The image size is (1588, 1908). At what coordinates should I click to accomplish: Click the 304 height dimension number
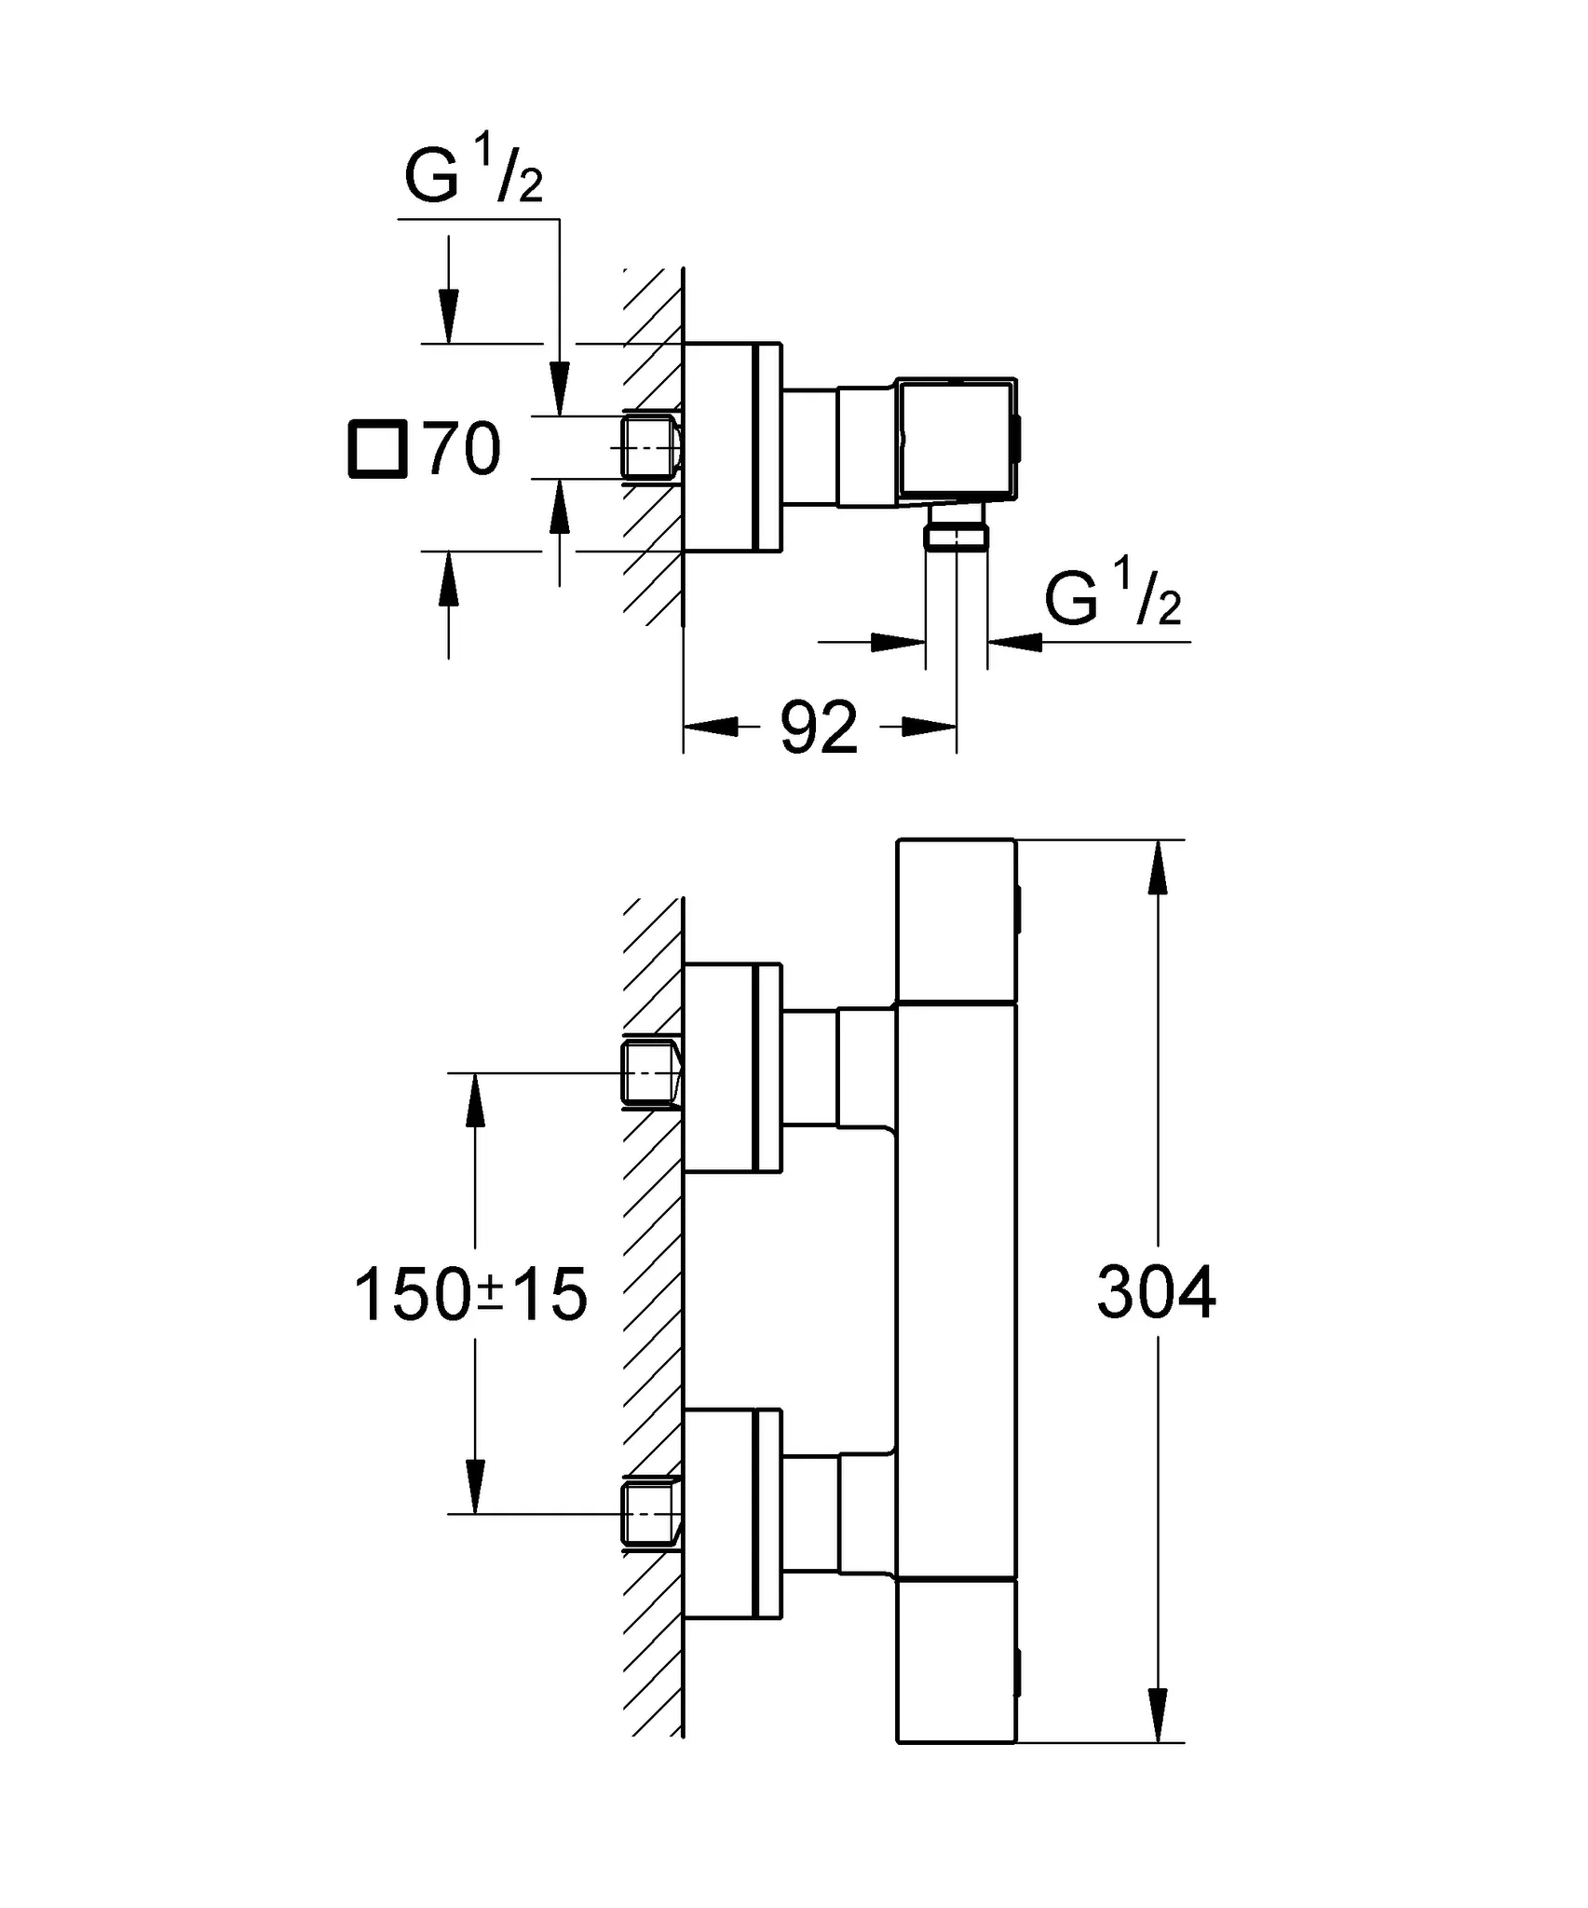click(x=1156, y=1292)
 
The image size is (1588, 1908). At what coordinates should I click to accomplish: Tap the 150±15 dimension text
click(x=470, y=1294)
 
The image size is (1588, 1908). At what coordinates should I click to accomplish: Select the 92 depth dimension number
click(x=818, y=728)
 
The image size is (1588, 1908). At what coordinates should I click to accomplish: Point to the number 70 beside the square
click(x=463, y=449)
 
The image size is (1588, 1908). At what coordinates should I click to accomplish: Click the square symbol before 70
click(x=377, y=449)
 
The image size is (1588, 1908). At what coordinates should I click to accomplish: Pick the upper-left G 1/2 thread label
click(x=473, y=171)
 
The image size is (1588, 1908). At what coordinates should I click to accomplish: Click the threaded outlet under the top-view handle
click(x=957, y=536)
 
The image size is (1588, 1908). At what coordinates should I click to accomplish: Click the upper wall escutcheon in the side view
click(x=732, y=1068)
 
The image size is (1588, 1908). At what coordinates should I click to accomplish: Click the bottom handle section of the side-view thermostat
click(x=957, y=1660)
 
